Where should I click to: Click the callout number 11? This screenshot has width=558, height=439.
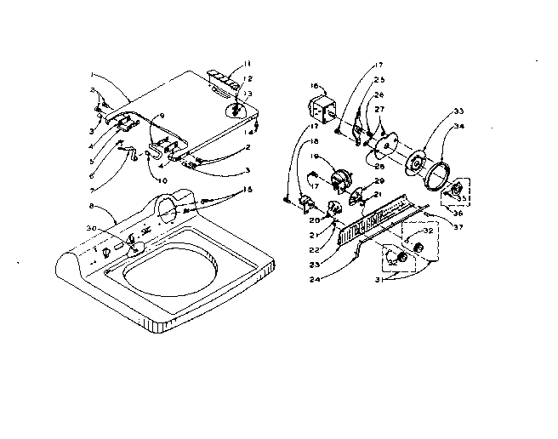click(248, 65)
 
